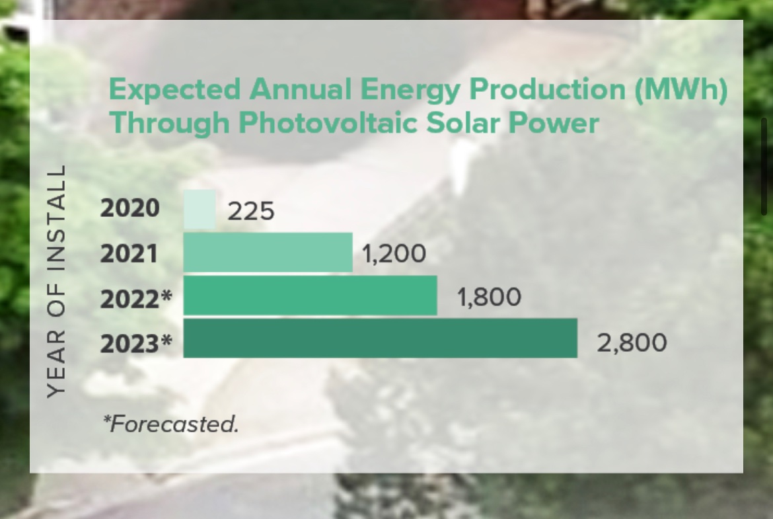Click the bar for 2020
[x=200, y=210]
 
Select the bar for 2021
[x=268, y=253]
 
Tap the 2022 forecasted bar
[x=310, y=296]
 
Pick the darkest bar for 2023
[x=380, y=338]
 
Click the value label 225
[x=250, y=211]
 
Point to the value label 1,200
[x=394, y=254]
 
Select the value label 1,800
[x=489, y=297]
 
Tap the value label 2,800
[x=632, y=343]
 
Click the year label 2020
[x=130, y=208]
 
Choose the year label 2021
[x=129, y=253]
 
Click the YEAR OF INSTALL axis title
[x=57, y=281]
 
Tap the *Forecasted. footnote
[x=170, y=424]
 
